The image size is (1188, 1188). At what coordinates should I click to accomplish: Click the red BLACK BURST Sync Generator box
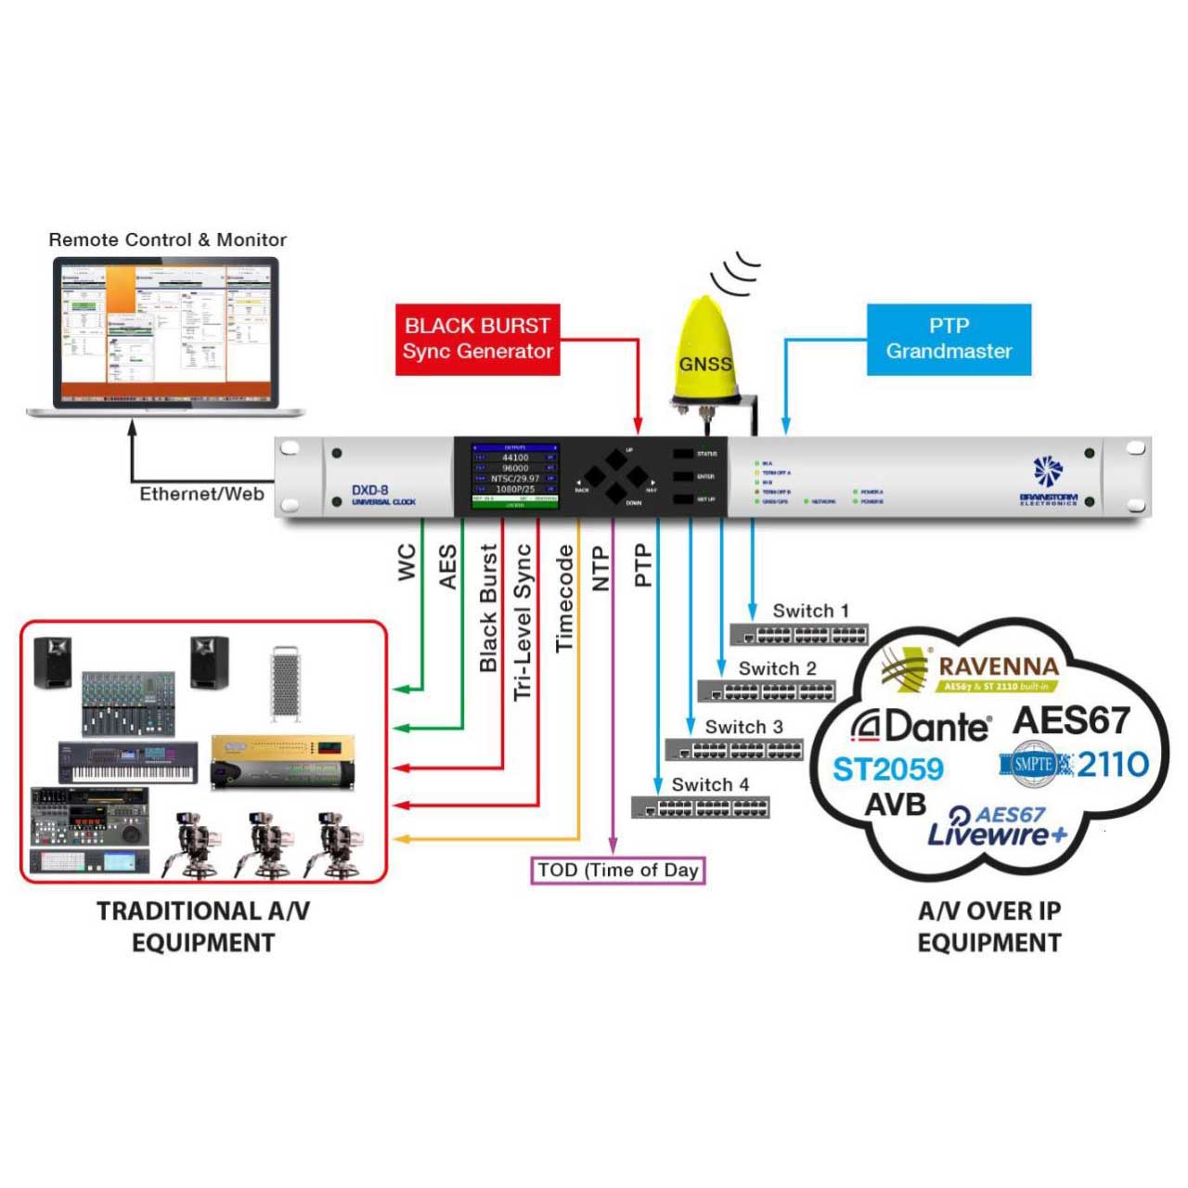click(477, 339)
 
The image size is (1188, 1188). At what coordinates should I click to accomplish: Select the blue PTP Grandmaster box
click(949, 339)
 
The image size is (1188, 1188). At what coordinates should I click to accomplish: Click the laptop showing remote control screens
click(166, 336)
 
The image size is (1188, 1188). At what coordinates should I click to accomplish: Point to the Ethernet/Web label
click(201, 494)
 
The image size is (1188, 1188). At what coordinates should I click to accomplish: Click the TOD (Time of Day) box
click(618, 870)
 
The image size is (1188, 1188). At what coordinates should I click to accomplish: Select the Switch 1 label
click(810, 611)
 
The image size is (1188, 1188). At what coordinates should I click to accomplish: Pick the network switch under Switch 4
click(701, 807)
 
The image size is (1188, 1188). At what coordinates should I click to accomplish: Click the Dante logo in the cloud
click(921, 726)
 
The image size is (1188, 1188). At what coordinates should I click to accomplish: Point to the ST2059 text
click(887, 768)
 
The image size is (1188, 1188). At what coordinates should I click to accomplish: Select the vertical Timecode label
click(564, 598)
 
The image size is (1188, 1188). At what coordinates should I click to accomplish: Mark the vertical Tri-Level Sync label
click(523, 622)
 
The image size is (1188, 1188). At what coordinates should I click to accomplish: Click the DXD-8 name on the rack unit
click(370, 490)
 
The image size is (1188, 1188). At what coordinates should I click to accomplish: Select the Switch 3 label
click(743, 727)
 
